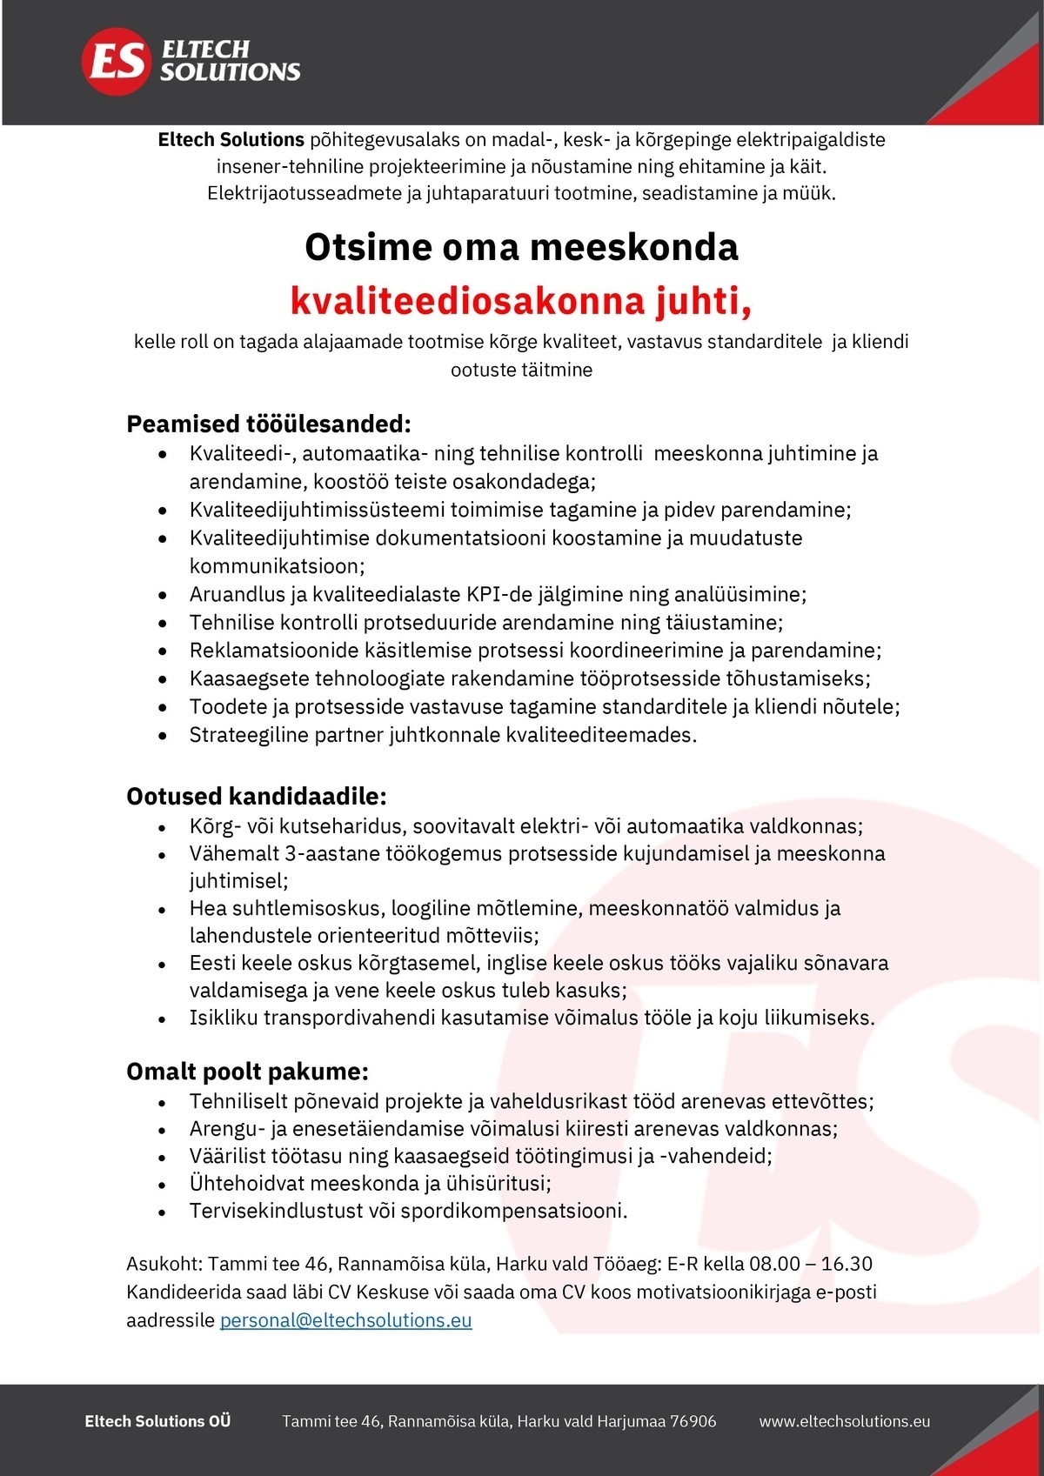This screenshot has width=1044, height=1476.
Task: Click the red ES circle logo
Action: pos(116,61)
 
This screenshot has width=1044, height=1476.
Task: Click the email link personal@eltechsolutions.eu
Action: pos(345,1320)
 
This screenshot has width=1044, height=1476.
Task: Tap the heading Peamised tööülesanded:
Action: pos(268,424)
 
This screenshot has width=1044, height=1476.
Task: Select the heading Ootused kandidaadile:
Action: pos(256,797)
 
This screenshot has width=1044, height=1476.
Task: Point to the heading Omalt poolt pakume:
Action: pos(247,1072)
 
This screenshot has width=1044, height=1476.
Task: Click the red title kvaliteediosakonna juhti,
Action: pos(520,301)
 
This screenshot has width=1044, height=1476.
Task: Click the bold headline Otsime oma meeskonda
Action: pos(521,247)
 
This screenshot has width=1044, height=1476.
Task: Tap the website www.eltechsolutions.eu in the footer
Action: pos(844,1421)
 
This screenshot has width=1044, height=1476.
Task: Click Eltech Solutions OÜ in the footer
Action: pos(157,1421)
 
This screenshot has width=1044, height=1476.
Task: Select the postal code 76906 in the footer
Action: pos(693,1421)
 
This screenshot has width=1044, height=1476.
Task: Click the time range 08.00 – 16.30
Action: pos(799,1264)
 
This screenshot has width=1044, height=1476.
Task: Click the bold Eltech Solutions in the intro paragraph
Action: pos(231,140)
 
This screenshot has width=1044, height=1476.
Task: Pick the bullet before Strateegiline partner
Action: pos(163,736)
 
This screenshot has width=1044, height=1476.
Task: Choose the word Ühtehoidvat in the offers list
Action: pos(246,1184)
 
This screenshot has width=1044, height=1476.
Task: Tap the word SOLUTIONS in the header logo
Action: pos(230,72)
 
